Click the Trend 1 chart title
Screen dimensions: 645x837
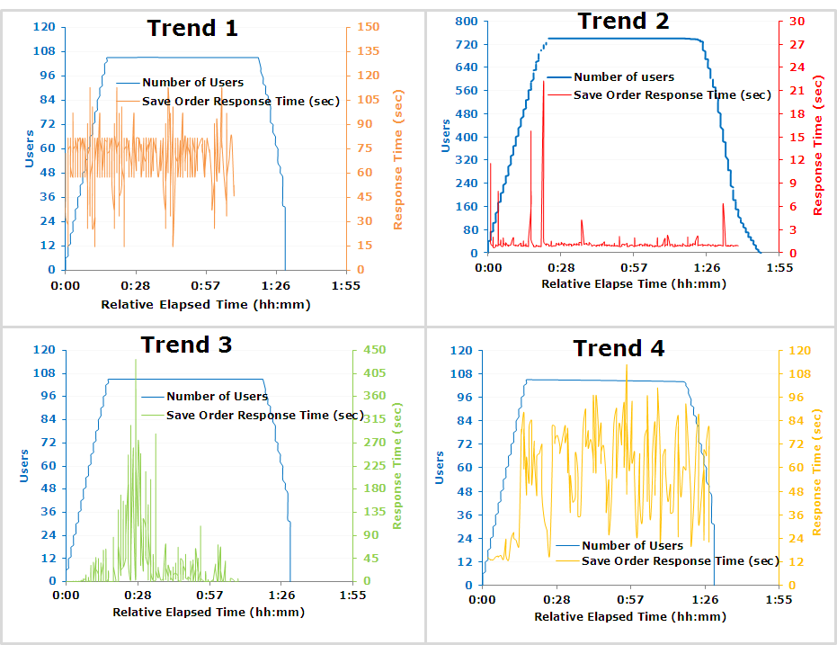[192, 28]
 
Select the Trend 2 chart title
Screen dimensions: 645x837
[623, 21]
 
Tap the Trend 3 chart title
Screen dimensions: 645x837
[186, 345]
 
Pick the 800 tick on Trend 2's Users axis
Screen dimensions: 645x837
[465, 21]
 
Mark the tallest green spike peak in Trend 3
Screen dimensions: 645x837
[136, 360]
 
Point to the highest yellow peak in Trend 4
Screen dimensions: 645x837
[627, 366]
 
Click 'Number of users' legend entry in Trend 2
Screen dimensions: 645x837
[623, 77]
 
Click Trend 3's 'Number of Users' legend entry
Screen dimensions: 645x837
[217, 396]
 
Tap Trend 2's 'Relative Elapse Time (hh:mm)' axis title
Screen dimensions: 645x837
[633, 283]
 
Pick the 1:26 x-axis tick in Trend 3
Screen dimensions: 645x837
[282, 596]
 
